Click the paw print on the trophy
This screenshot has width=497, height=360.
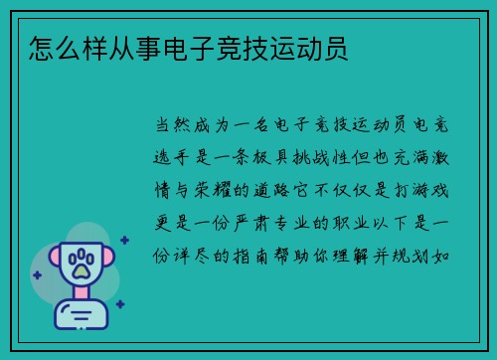(81, 265)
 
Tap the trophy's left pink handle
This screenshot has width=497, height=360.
(38, 262)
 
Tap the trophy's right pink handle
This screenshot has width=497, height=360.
(124, 262)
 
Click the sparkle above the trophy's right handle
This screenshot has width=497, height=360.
(125, 238)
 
